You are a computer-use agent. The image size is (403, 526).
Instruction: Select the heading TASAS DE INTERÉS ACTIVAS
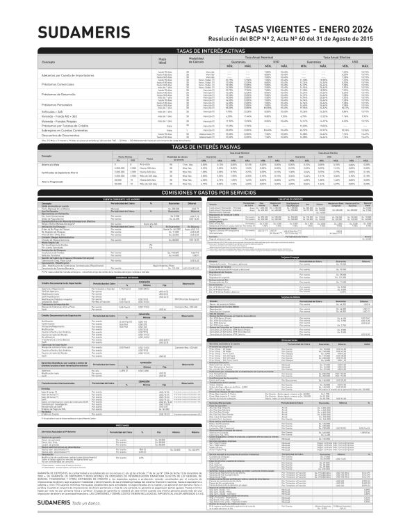pos(201,51)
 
